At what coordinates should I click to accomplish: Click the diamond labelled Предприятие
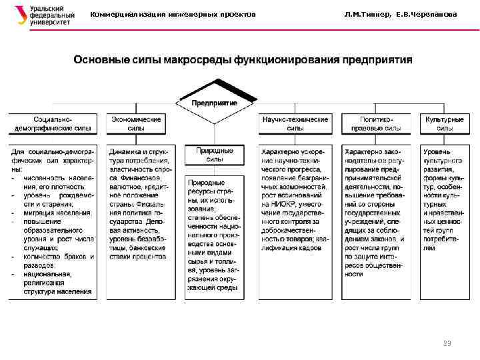tap(215, 102)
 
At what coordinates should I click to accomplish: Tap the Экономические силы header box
tap(135, 123)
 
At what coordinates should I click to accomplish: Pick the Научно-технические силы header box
tap(295, 123)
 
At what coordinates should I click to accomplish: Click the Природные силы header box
tap(215, 155)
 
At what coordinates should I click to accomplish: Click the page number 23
tap(447, 343)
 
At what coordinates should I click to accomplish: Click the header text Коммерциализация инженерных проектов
tap(173, 15)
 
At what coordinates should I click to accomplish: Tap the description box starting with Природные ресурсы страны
tap(215, 237)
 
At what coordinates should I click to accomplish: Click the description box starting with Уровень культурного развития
tap(443, 200)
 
